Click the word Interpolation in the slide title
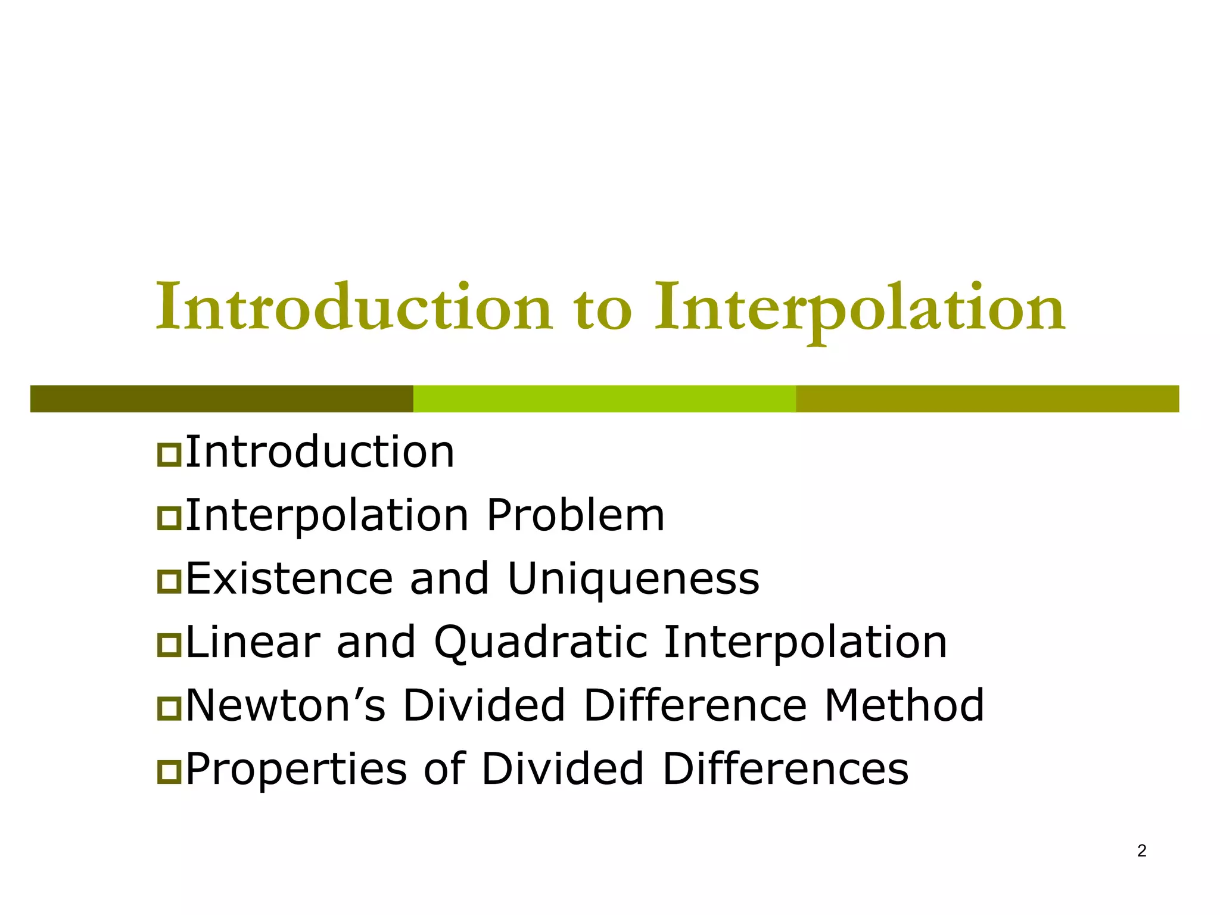click(860, 308)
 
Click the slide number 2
click(1141, 851)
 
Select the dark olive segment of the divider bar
click(222, 399)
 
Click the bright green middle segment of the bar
click(605, 399)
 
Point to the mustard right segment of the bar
click(987, 399)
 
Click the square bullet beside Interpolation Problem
click(169, 518)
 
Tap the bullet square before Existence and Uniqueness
click(169, 581)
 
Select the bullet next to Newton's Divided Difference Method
click(169, 708)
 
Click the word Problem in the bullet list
click(575, 515)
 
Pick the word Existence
click(290, 578)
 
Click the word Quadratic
click(540, 643)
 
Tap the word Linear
click(253, 643)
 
